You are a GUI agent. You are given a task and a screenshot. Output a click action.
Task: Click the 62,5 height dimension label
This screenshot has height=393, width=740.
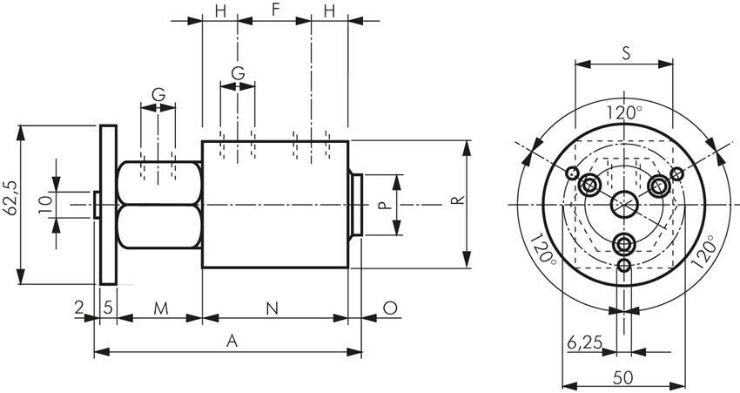click(10, 205)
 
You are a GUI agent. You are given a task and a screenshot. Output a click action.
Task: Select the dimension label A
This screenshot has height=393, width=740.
click(232, 342)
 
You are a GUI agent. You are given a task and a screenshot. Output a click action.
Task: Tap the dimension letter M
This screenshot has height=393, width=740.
click(159, 308)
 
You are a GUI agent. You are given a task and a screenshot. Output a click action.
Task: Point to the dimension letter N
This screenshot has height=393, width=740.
click(272, 308)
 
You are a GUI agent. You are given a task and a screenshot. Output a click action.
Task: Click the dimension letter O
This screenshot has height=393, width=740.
click(390, 308)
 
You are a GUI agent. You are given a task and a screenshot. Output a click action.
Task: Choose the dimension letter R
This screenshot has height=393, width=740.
click(456, 202)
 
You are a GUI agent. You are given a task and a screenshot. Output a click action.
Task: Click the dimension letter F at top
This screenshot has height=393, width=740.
click(275, 10)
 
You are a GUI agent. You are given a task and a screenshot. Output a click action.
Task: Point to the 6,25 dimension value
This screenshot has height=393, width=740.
click(583, 342)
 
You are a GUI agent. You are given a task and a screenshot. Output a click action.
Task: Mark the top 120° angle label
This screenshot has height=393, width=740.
click(624, 112)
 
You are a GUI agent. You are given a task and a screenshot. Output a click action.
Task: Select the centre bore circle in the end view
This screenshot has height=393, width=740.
click(623, 205)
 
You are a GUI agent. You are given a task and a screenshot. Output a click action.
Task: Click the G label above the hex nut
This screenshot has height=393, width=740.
click(158, 94)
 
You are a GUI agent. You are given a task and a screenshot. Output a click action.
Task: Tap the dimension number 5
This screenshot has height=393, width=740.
click(108, 308)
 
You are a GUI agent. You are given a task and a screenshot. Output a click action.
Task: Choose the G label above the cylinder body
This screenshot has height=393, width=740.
click(237, 71)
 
